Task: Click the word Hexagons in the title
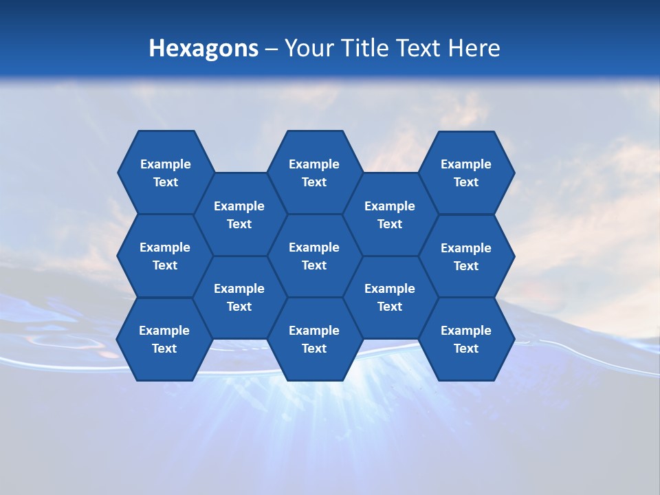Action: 203,48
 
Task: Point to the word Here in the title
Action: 474,48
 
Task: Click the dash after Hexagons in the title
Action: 272,49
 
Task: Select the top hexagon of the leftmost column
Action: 165,173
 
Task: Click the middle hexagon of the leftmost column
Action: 165,256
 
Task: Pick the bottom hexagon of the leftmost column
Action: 164,339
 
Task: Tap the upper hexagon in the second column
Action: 239,214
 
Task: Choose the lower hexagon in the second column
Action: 239,297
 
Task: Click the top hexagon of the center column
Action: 314,173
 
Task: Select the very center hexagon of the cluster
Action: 314,256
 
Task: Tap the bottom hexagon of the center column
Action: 314,339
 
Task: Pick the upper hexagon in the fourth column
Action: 390,214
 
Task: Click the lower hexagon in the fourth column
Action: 390,297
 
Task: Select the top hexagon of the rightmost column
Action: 466,173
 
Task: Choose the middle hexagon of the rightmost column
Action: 466,256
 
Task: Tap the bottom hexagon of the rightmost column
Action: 466,339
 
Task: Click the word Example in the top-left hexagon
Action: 165,164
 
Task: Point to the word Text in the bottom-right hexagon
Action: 466,349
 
